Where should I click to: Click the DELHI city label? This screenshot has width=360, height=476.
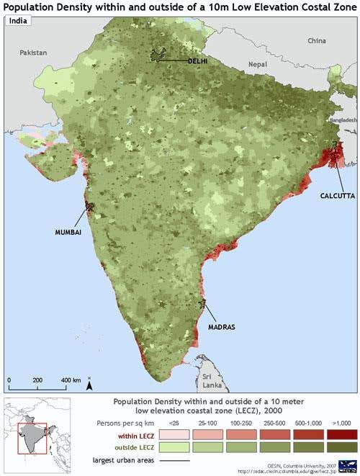click(197, 61)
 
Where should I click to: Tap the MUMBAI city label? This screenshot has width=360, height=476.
click(68, 233)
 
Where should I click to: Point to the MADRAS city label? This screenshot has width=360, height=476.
click(222, 326)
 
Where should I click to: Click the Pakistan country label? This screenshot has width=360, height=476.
click(33, 53)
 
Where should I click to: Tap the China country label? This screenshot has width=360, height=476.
click(317, 41)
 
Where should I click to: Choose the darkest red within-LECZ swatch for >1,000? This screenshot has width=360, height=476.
click(341, 434)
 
